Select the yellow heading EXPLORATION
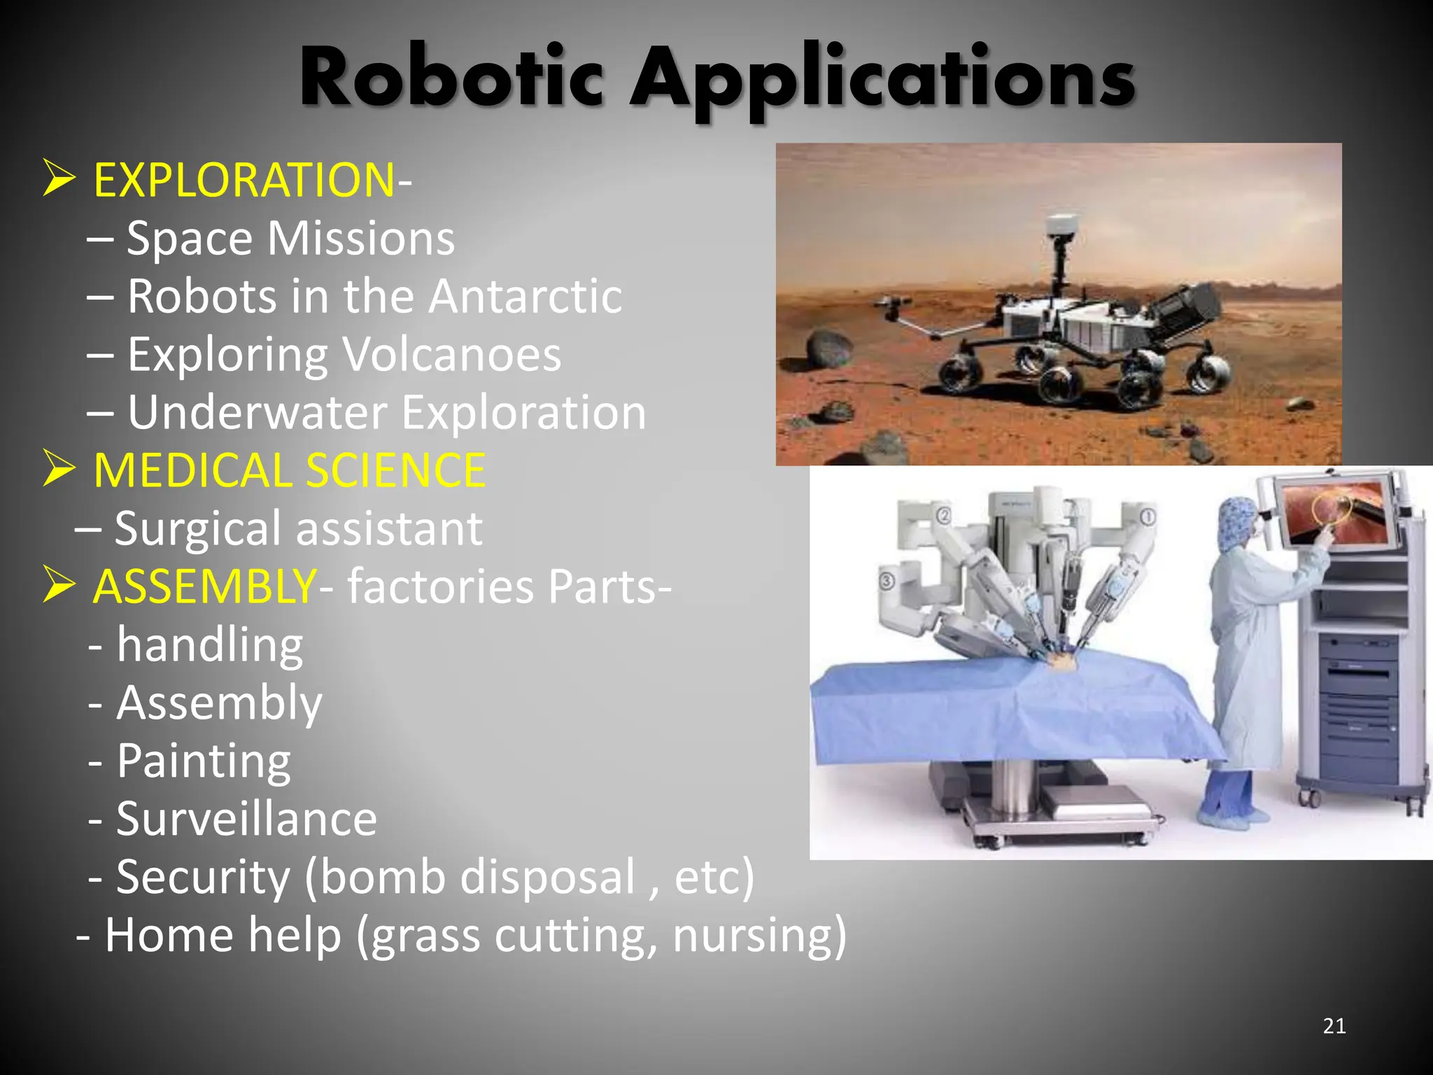coord(244,181)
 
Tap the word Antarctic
coord(525,297)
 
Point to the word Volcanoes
coord(452,355)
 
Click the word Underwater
coord(257,413)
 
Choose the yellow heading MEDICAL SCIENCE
coord(289,470)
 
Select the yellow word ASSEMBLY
coord(204,586)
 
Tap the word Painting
coord(204,761)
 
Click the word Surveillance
coord(246,819)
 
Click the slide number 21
coord(1334,1026)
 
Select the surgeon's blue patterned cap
coord(1238,521)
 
